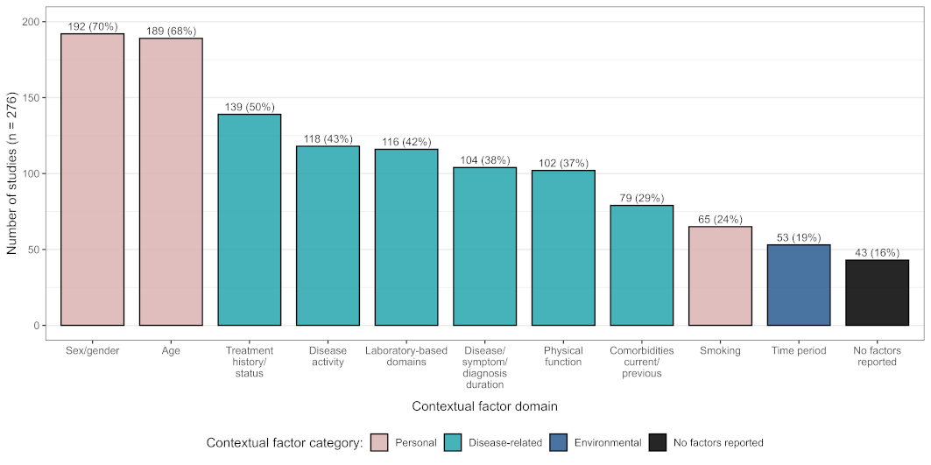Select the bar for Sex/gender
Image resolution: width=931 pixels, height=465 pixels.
tap(92, 180)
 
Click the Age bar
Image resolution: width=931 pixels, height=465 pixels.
tap(171, 182)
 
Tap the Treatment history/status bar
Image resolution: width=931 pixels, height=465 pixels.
tap(250, 220)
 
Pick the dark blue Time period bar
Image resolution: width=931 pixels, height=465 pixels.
tap(799, 285)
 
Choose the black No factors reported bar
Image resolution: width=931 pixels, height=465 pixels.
tap(877, 292)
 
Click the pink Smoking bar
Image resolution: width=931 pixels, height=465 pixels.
tap(720, 276)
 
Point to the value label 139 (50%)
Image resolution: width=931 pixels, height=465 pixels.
tap(250, 108)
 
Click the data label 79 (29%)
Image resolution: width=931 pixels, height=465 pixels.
tap(642, 199)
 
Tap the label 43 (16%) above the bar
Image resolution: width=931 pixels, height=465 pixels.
tap(877, 253)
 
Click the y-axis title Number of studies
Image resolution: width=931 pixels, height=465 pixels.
tap(12, 174)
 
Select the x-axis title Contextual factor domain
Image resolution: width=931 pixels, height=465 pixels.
tap(484, 407)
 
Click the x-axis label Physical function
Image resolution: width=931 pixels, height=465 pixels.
tap(563, 356)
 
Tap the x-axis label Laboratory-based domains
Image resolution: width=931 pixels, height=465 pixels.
tap(406, 356)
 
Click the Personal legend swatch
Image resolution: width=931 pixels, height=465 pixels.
tap(379, 442)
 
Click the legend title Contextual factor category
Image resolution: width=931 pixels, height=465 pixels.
tap(285, 443)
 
